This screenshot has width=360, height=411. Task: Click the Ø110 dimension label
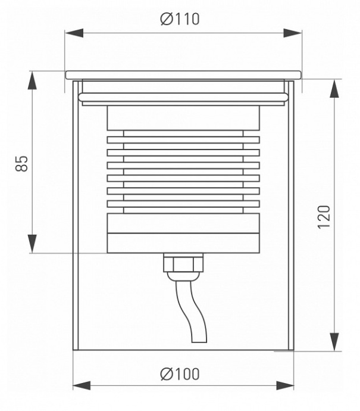pyautogui.click(x=180, y=19)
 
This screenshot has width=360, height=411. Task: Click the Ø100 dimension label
pyautogui.click(x=180, y=374)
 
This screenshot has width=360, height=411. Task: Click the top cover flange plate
pyautogui.click(x=183, y=75)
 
